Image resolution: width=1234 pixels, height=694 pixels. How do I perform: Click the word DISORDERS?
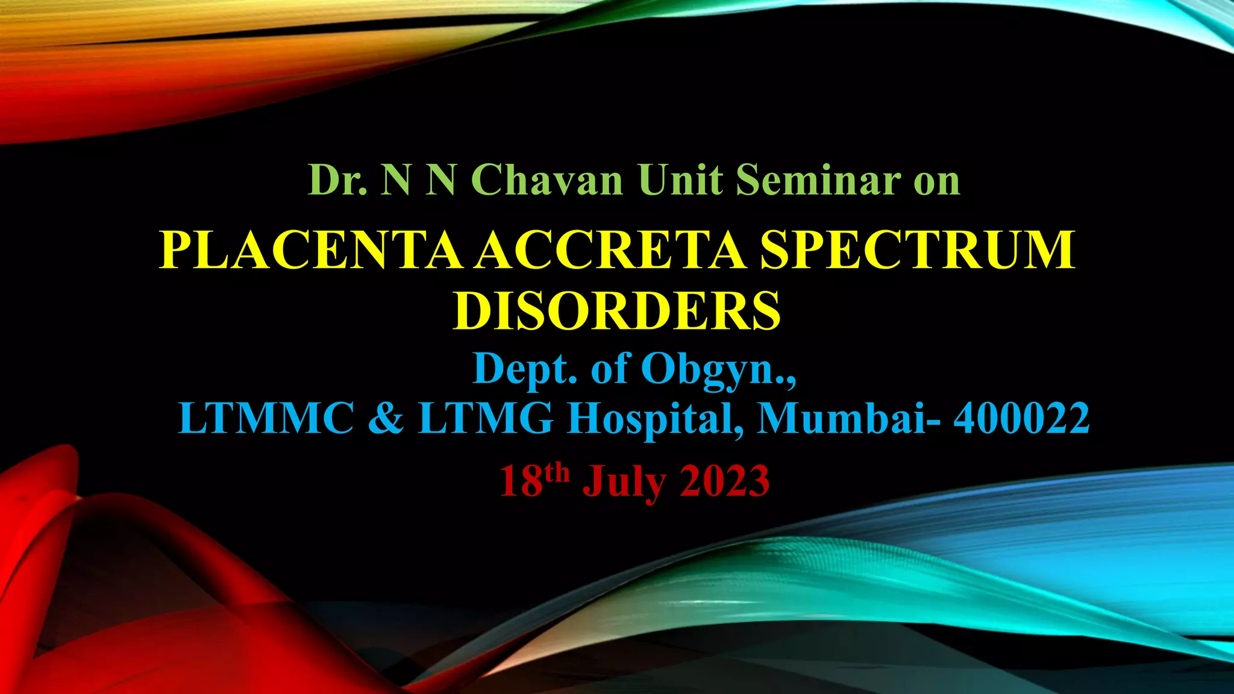[617, 311]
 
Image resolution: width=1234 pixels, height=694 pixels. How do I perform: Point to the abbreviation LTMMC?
[266, 418]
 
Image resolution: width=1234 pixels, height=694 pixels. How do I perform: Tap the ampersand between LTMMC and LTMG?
[386, 418]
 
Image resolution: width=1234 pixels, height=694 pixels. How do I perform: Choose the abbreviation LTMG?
[486, 418]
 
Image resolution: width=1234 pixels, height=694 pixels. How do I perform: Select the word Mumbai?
[841, 418]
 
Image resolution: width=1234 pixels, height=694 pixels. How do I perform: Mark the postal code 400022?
[1021, 418]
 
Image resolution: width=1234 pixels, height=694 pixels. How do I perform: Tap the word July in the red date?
[624, 482]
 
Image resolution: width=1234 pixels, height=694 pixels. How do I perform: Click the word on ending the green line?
[936, 181]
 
